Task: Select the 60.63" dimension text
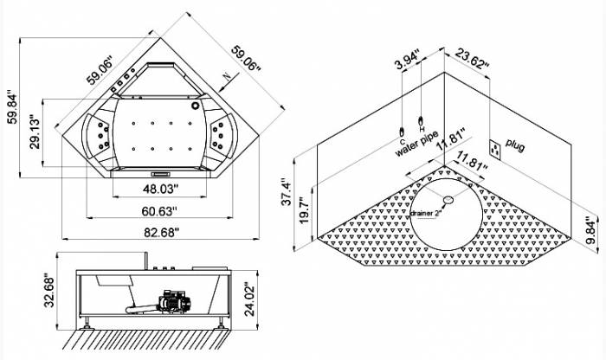tap(159, 210)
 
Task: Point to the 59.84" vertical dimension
tap(11, 107)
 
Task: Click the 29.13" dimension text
tap(34, 132)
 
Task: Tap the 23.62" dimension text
tap(473, 63)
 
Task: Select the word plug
tap(516, 144)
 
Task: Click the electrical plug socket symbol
tap(496, 149)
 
